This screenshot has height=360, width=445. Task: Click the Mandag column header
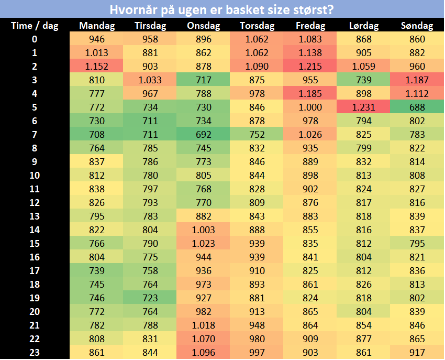[x=97, y=26]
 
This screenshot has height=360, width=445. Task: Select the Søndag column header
[x=417, y=26]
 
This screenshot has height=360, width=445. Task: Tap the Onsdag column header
[x=203, y=26]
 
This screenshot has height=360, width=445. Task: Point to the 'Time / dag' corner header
[x=35, y=26]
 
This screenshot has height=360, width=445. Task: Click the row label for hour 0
[x=35, y=39]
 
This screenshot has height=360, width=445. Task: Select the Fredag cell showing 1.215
[x=310, y=66]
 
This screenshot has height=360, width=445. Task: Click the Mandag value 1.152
[x=97, y=66]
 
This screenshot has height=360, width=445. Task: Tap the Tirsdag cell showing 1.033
[x=150, y=80]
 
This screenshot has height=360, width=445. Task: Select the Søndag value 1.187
[x=417, y=80]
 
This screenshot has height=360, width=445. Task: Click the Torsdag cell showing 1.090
[x=257, y=66]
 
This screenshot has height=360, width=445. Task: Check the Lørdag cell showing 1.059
[x=363, y=66]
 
